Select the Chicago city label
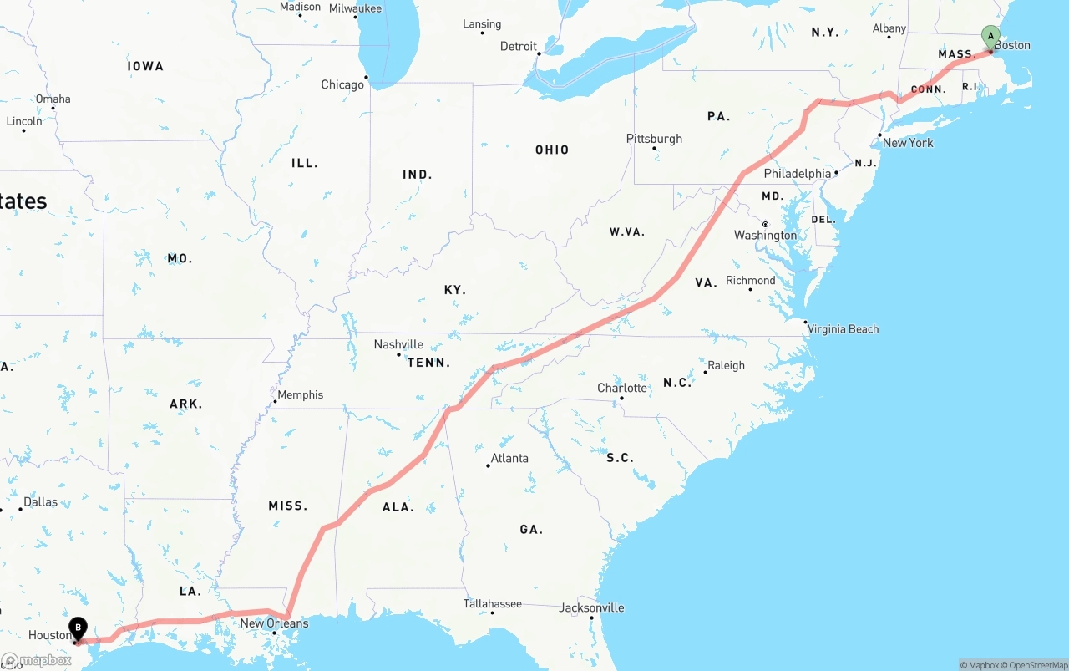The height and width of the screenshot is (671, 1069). tap(342, 84)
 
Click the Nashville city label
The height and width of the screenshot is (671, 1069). tap(398, 344)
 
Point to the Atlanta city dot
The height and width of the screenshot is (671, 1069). tap(489, 465)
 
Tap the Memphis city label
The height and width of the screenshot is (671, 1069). tap(300, 394)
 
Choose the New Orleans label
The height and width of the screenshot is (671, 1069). tap(274, 623)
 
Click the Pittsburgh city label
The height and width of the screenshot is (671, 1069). tap(654, 139)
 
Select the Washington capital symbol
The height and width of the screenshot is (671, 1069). tap(765, 224)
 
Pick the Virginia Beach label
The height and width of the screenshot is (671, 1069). tap(843, 328)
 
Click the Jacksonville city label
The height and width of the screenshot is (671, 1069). tap(592, 607)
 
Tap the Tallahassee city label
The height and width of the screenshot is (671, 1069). tap(493, 603)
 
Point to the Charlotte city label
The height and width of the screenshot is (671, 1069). tap(622, 388)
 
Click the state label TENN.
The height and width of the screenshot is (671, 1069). tap(428, 363)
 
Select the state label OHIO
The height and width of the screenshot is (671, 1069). tap(552, 150)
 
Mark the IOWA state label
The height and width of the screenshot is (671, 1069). tap(145, 66)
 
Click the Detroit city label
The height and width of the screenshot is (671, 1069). tap(519, 46)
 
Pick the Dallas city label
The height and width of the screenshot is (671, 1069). tap(40, 501)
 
